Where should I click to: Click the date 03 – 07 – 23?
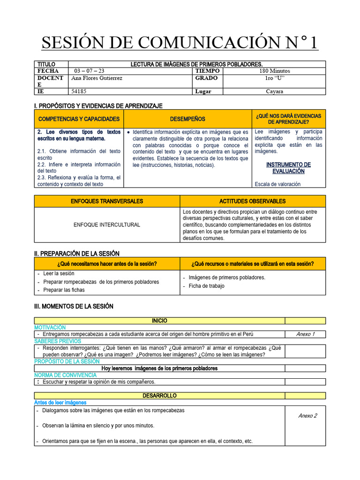tap(90, 71)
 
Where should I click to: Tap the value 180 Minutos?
tap(274, 71)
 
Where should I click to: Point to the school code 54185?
tap(79, 91)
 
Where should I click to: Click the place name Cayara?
tap(274, 91)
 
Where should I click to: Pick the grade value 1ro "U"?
tap(274, 78)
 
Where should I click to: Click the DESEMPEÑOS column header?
tap(187, 119)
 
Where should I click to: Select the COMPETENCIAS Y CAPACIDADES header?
tap(79, 119)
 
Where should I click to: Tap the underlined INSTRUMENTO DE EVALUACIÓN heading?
tap(288, 168)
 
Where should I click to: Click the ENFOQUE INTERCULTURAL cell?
tap(107, 225)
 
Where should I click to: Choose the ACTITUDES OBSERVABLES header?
tap(252, 201)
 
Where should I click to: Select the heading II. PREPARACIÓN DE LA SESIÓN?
tap(77, 254)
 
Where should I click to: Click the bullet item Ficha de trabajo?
tap(206, 286)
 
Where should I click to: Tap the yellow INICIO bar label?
tap(159, 321)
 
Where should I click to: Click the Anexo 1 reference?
tap(306, 334)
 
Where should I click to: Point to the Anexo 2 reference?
tap(307, 416)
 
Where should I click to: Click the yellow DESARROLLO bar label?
tap(159, 396)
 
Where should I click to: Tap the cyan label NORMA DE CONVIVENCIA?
tap(66, 375)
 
